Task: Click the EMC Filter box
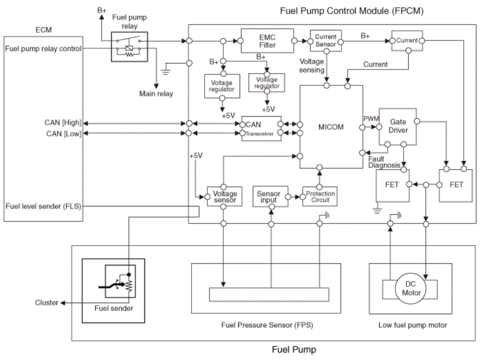pos(267,41)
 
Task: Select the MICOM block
pos(331,127)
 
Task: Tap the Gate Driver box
pos(398,126)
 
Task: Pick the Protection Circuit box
pos(320,196)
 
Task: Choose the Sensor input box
pos(269,197)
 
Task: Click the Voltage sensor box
pos(225,197)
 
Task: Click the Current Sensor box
pos(325,41)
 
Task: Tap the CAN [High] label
pos(63,123)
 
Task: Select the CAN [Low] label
pos(64,134)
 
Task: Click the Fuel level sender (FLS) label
pos(43,205)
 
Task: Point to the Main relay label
pos(156,94)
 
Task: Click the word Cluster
pos(47,303)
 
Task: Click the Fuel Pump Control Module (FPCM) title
pos(351,11)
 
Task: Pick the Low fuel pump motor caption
pos(412,325)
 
